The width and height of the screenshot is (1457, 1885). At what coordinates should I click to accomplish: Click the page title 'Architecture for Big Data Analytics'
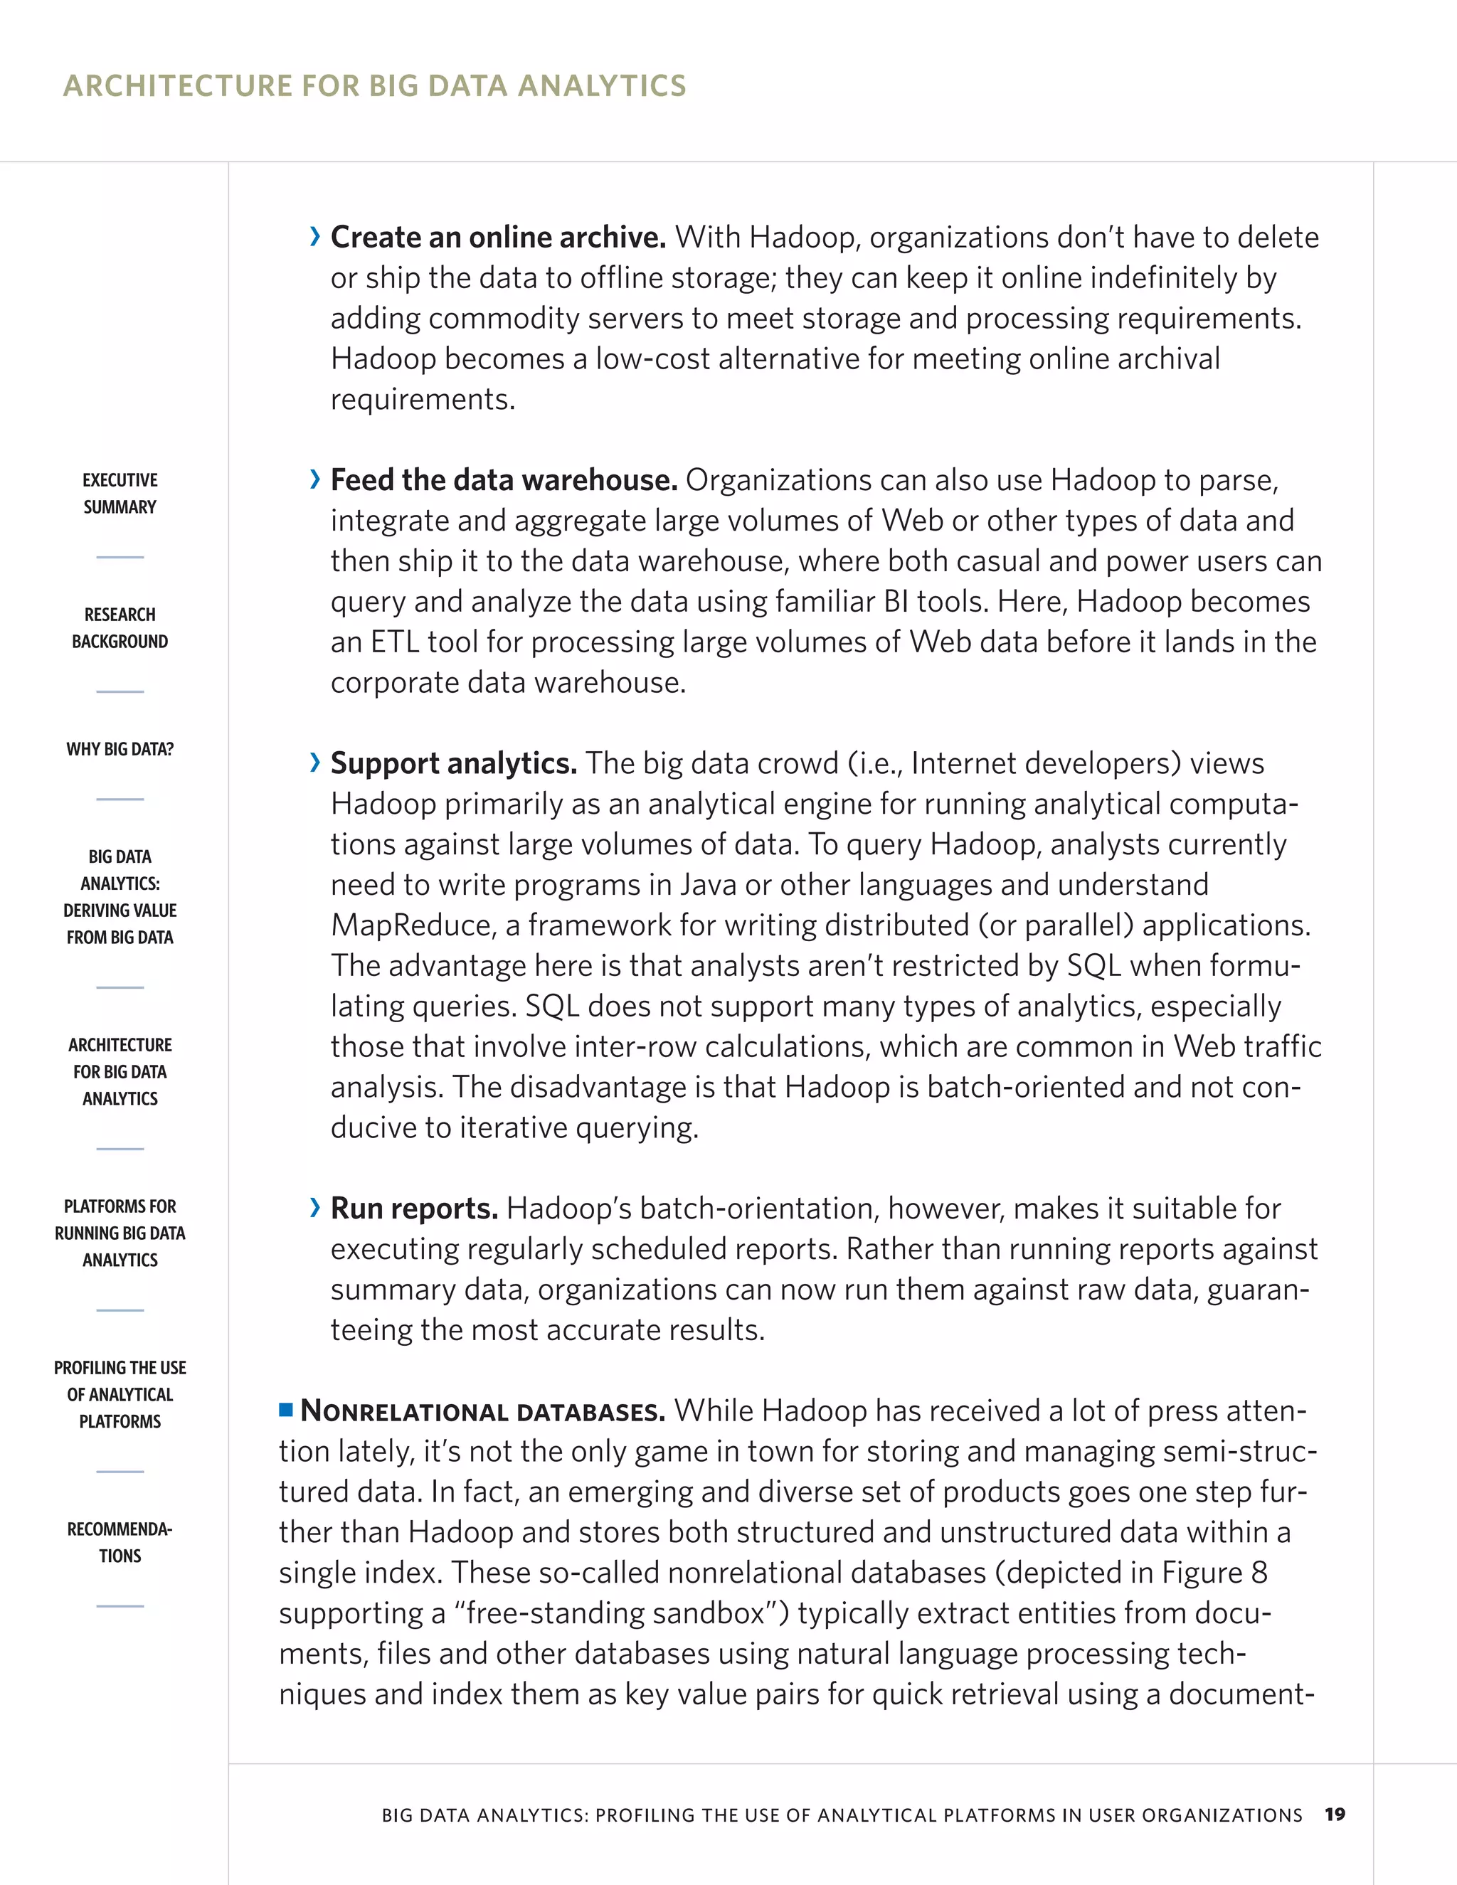point(375,85)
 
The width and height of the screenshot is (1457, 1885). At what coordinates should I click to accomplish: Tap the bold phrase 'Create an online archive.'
point(498,238)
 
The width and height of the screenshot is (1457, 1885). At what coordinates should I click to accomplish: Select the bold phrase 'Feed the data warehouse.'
point(504,480)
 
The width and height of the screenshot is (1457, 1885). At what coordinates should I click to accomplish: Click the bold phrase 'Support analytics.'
point(454,763)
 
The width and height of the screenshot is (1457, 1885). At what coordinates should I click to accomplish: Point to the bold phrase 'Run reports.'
point(414,1209)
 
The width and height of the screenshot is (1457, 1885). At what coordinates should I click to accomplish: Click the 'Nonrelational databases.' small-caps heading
point(483,1411)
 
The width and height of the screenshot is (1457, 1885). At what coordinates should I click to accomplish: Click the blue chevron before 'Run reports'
point(315,1208)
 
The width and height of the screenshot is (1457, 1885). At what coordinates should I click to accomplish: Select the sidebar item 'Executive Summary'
point(120,493)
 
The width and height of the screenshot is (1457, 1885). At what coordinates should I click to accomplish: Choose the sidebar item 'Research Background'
point(120,627)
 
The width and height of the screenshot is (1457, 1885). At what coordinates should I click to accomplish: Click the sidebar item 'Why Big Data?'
point(120,749)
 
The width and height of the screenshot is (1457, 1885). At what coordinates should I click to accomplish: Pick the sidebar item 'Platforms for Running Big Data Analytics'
point(120,1233)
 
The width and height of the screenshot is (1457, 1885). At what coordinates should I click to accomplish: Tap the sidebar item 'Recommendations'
point(120,1541)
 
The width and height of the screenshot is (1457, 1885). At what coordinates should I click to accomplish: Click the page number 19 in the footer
point(1335,1815)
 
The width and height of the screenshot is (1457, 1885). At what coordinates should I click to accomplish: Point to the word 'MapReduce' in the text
point(413,925)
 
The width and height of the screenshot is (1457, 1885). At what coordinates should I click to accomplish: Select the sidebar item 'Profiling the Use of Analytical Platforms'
point(120,1394)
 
